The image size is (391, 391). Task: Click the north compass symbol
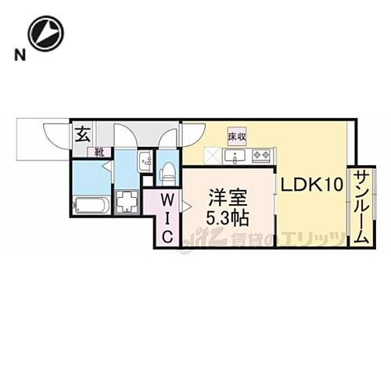tap(45, 34)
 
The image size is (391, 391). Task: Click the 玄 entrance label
tap(83, 134)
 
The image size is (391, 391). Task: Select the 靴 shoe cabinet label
tap(101, 152)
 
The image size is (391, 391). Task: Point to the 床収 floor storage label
tap(237, 136)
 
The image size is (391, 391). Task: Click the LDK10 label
tap(312, 185)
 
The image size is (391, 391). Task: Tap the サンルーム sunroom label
tap(361, 209)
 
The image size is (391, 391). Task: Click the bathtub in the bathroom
tap(92, 206)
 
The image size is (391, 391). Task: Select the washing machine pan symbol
tap(127, 202)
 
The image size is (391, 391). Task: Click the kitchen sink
tap(235, 156)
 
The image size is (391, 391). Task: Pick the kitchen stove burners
tap(260, 156)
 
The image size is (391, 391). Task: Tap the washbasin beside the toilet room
tap(145, 163)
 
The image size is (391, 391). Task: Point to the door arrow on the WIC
tap(186, 206)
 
